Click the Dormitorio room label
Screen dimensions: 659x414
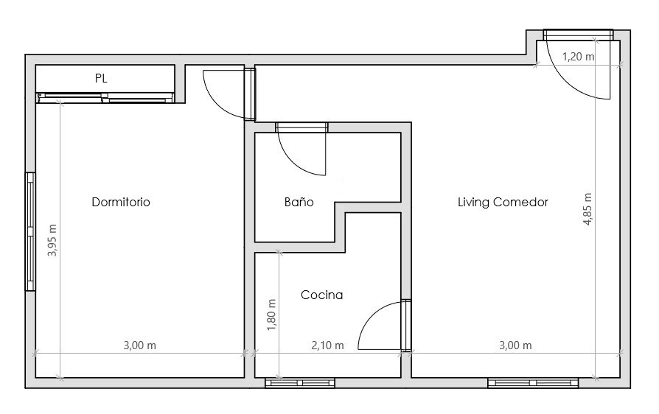pyautogui.click(x=121, y=202)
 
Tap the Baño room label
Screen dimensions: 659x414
pyautogui.click(x=299, y=202)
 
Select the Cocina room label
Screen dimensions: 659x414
pyautogui.click(x=321, y=295)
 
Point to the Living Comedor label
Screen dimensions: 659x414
pyautogui.click(x=503, y=202)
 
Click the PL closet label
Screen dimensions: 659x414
pyautogui.click(x=101, y=78)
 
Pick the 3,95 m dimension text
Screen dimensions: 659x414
pyautogui.click(x=52, y=240)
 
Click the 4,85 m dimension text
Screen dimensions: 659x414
pyautogui.click(x=587, y=209)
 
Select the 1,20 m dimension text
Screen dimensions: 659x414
pyautogui.click(x=579, y=56)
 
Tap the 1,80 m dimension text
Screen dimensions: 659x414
pyautogui.click(x=271, y=315)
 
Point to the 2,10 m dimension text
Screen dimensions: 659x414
pyautogui.click(x=327, y=345)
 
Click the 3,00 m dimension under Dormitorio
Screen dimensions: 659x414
pyautogui.click(x=139, y=345)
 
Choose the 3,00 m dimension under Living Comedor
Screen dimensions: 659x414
pyautogui.click(x=515, y=345)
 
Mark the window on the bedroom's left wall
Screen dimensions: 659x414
pyautogui.click(x=29, y=232)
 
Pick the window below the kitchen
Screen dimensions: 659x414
pyautogui.click(x=300, y=382)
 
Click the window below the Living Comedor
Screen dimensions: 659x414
pyautogui.click(x=533, y=382)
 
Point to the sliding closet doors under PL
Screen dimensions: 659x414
pyautogui.click(x=105, y=98)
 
